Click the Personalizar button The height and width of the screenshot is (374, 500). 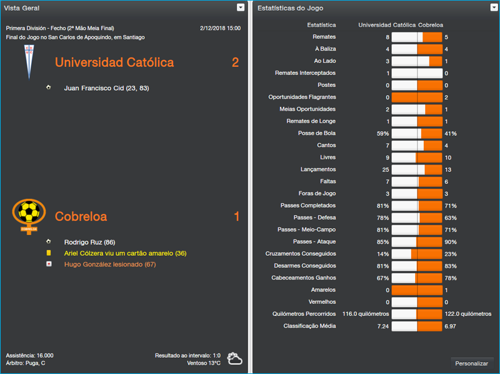[472, 363]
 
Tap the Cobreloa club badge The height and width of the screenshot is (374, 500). [29, 215]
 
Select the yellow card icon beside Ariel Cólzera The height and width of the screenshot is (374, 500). [49, 253]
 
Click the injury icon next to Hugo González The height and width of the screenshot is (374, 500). [49, 265]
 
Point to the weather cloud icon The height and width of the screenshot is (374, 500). [235, 358]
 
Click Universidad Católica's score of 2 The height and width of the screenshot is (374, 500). [235, 63]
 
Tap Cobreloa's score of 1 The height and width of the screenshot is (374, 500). [236, 217]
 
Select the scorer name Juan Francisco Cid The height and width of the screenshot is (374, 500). [106, 88]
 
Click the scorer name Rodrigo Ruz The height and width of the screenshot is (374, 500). [90, 242]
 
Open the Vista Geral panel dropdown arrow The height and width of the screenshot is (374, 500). [241, 8]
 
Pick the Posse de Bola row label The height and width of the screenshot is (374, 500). [317, 133]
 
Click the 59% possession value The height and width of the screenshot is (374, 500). [382, 133]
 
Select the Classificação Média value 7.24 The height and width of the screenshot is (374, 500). [381, 326]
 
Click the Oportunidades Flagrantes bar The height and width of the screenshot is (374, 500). [417, 97]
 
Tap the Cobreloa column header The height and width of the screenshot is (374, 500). [432, 25]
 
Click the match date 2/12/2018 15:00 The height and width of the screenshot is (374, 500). [220, 28]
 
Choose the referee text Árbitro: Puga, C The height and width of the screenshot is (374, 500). [26, 363]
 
